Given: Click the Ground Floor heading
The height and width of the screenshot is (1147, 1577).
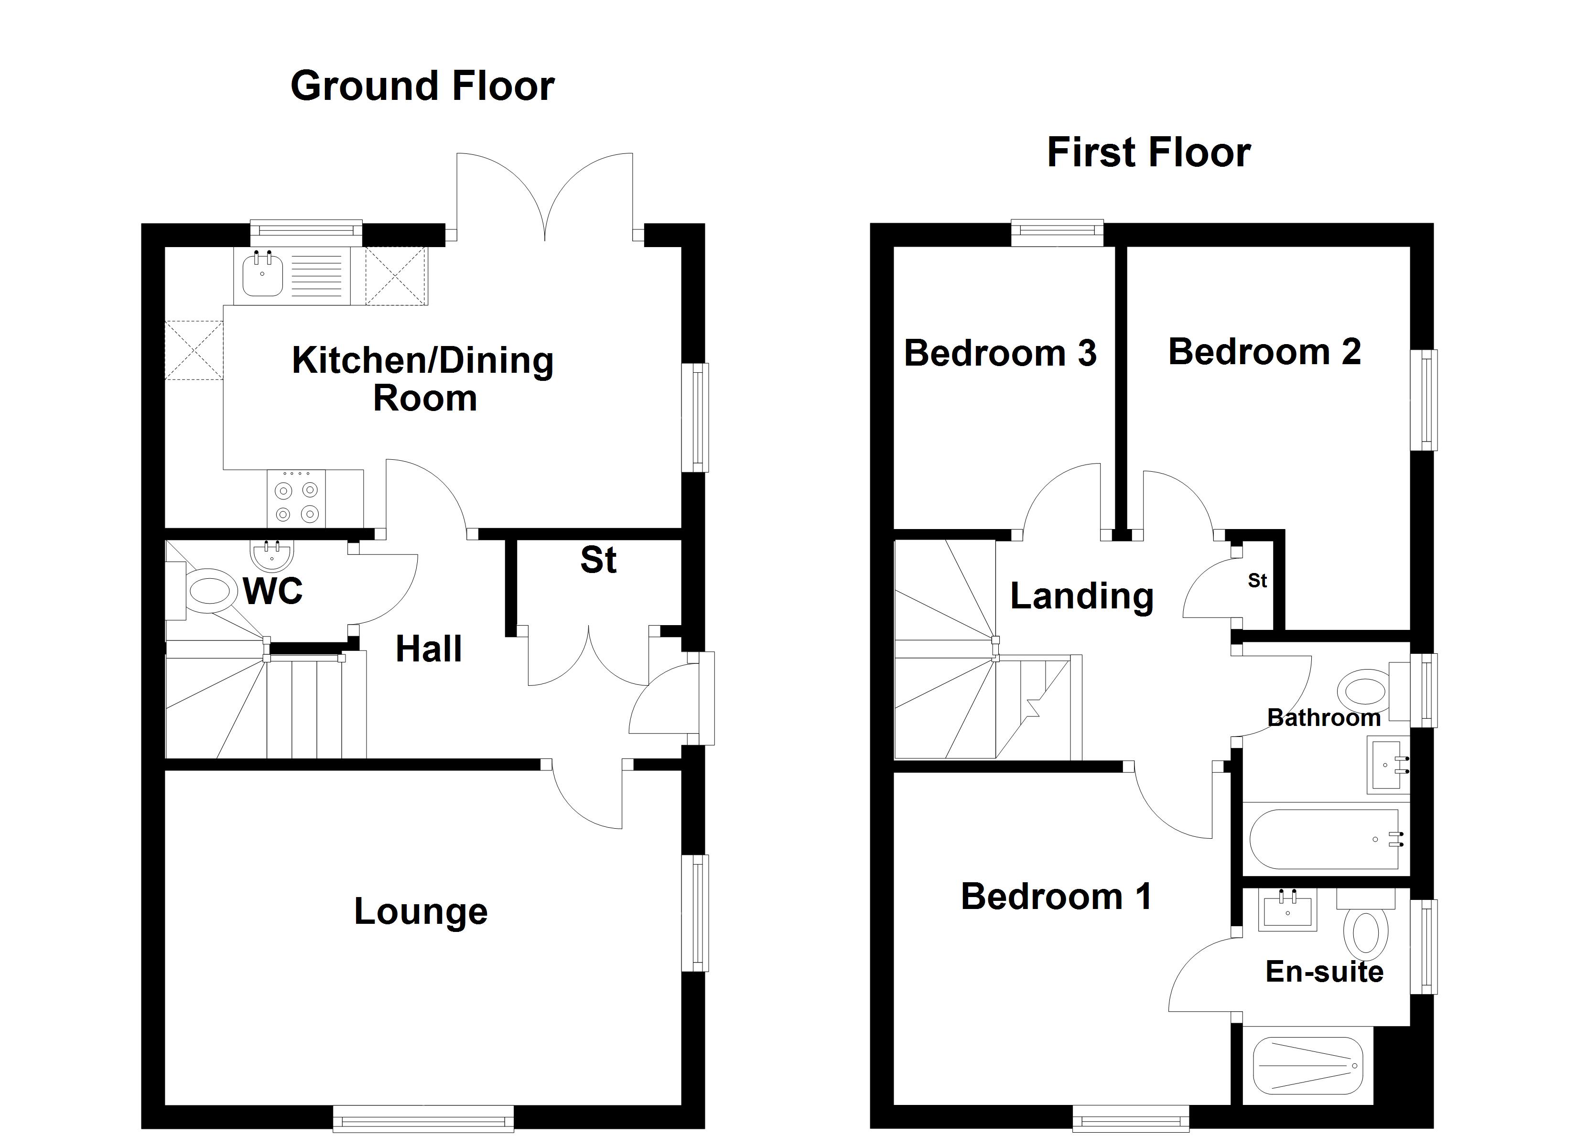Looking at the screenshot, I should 422,86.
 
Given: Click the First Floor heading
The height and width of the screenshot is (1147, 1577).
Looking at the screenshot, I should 1149,153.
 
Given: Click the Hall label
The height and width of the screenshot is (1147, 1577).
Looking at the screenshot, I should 428,649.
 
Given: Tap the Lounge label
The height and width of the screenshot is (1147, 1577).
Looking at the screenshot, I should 421,912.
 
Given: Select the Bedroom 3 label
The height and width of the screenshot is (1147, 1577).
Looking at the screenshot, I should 1000,353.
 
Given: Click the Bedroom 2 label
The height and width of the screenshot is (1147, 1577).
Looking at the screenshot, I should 1264,352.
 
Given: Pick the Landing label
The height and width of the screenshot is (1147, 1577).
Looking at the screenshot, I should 1082,596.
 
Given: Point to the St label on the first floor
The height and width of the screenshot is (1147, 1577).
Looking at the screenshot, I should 1257,581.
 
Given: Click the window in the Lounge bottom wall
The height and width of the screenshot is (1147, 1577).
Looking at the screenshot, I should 423,1119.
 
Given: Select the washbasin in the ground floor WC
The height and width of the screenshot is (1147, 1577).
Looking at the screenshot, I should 271,554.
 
